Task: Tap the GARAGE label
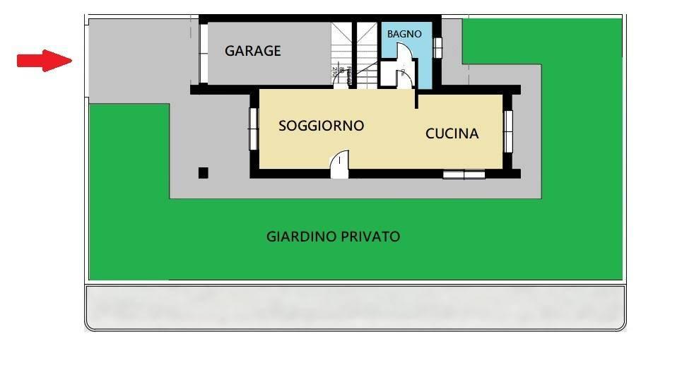(x=252, y=51)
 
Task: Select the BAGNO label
(x=404, y=34)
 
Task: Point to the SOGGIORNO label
(x=321, y=126)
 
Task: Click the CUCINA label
(x=452, y=133)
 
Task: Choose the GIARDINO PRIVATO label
(x=333, y=237)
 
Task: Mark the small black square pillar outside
(x=204, y=172)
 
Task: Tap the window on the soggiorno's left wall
(x=252, y=128)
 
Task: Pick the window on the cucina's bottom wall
(x=464, y=174)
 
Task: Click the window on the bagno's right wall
(x=437, y=47)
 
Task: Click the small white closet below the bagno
(x=389, y=73)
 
